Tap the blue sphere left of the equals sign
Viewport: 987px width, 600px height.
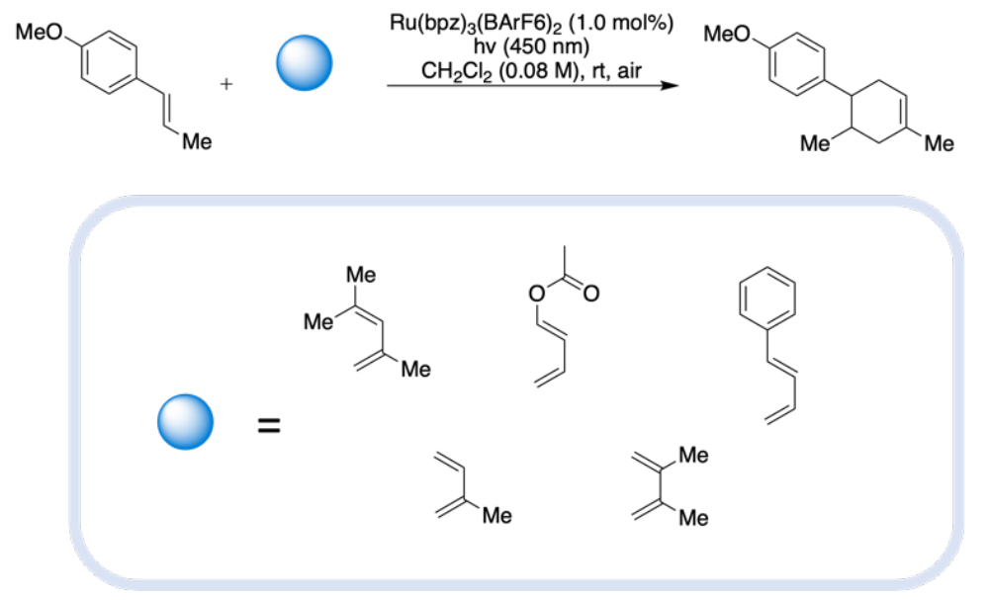186,423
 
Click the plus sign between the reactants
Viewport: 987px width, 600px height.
228,85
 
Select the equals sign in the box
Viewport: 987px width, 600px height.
268,426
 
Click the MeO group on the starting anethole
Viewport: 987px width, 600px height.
41,31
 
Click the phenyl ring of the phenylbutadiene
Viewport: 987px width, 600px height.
766,298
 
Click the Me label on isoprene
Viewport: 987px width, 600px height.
496,514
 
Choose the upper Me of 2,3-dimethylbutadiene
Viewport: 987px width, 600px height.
693,457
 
